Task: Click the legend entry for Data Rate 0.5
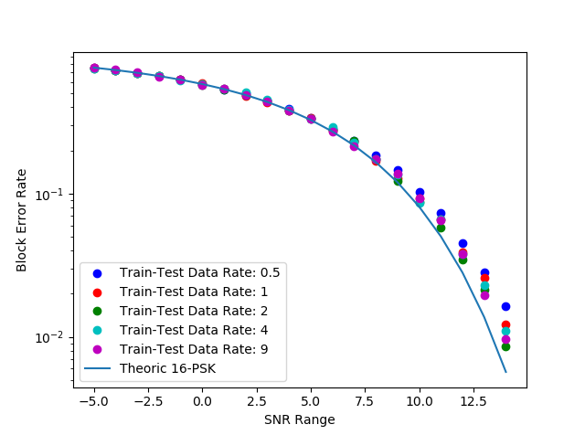point(199,272)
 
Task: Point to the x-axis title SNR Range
point(300,420)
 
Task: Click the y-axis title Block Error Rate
point(22,220)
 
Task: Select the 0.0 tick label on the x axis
point(202,400)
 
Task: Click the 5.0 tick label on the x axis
point(311,400)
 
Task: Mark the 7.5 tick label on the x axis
point(365,400)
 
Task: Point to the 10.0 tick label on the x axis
point(420,400)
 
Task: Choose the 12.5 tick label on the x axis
point(473,400)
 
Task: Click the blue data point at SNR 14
point(505,306)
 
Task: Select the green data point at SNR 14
point(505,346)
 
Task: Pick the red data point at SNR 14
point(505,324)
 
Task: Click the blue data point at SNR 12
point(463,244)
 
